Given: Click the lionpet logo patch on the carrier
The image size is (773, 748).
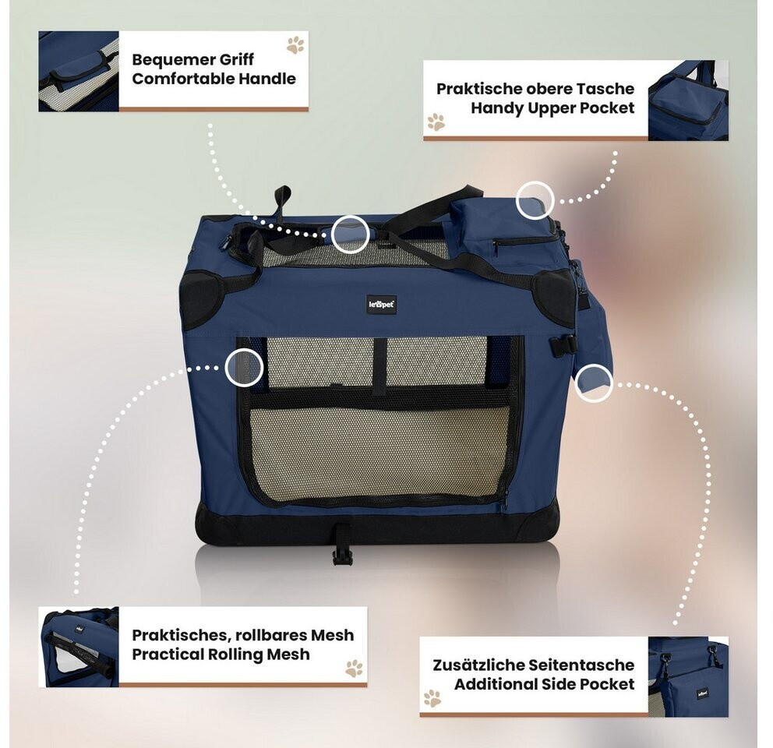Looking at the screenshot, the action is (x=381, y=305).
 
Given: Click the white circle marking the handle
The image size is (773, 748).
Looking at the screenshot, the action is (x=350, y=234).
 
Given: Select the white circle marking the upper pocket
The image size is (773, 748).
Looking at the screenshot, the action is (x=535, y=199).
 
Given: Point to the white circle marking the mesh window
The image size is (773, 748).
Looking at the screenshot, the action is (x=243, y=368).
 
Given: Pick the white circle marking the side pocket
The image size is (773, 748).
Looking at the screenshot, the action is (x=594, y=383).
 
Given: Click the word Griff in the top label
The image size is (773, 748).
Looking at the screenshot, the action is (x=235, y=60).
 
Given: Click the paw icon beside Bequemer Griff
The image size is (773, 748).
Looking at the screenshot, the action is (x=295, y=44).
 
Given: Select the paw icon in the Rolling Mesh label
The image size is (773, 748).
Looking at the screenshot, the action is (x=354, y=668).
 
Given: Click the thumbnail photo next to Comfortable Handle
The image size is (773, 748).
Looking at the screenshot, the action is (x=79, y=71).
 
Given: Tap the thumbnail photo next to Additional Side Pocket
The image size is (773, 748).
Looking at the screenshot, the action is (x=688, y=676).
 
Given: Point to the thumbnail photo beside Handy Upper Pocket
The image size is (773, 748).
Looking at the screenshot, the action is (x=688, y=100).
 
